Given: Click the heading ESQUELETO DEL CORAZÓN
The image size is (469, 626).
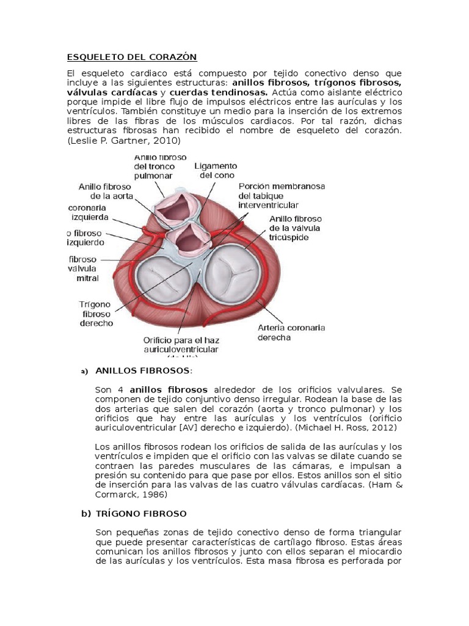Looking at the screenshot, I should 132,57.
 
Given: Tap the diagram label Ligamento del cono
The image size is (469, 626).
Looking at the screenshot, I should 216,171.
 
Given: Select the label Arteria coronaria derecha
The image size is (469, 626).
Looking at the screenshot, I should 290,333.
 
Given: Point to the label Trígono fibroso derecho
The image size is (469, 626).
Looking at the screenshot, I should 96,312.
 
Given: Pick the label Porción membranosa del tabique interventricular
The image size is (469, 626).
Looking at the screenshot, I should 282,196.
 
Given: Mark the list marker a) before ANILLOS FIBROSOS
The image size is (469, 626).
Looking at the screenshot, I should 85,372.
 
